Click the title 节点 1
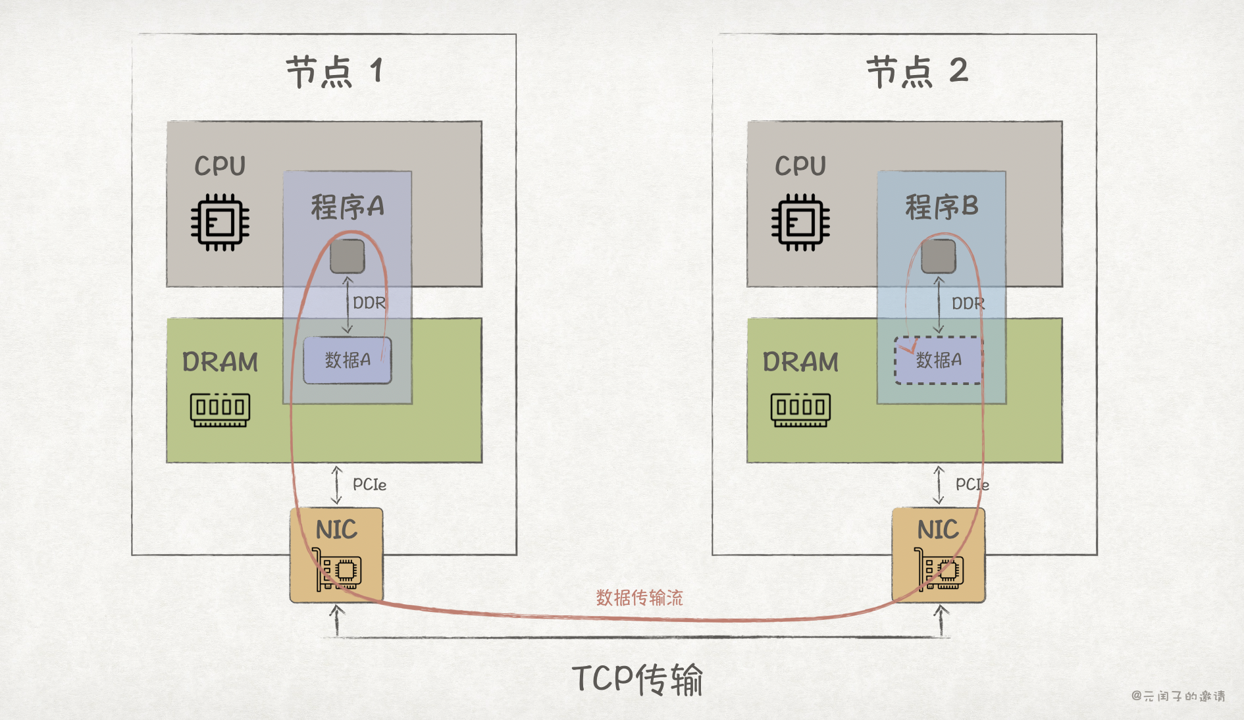(334, 71)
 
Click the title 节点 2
(916, 71)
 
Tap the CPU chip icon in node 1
(220, 222)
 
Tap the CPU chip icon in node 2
(800, 222)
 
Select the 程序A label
(347, 207)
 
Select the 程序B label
(941, 207)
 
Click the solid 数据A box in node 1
(347, 360)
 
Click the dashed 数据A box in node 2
(938, 360)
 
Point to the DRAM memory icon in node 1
(220, 409)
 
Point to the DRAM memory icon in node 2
(800, 409)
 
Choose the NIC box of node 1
(336, 555)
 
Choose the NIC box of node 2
(938, 555)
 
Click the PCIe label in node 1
(369, 485)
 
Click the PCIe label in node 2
(972, 485)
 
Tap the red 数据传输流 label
(639, 598)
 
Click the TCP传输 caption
(637, 679)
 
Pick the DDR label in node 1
(369, 303)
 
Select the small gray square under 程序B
(938, 256)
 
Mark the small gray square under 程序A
(347, 256)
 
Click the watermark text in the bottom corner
(1178, 696)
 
